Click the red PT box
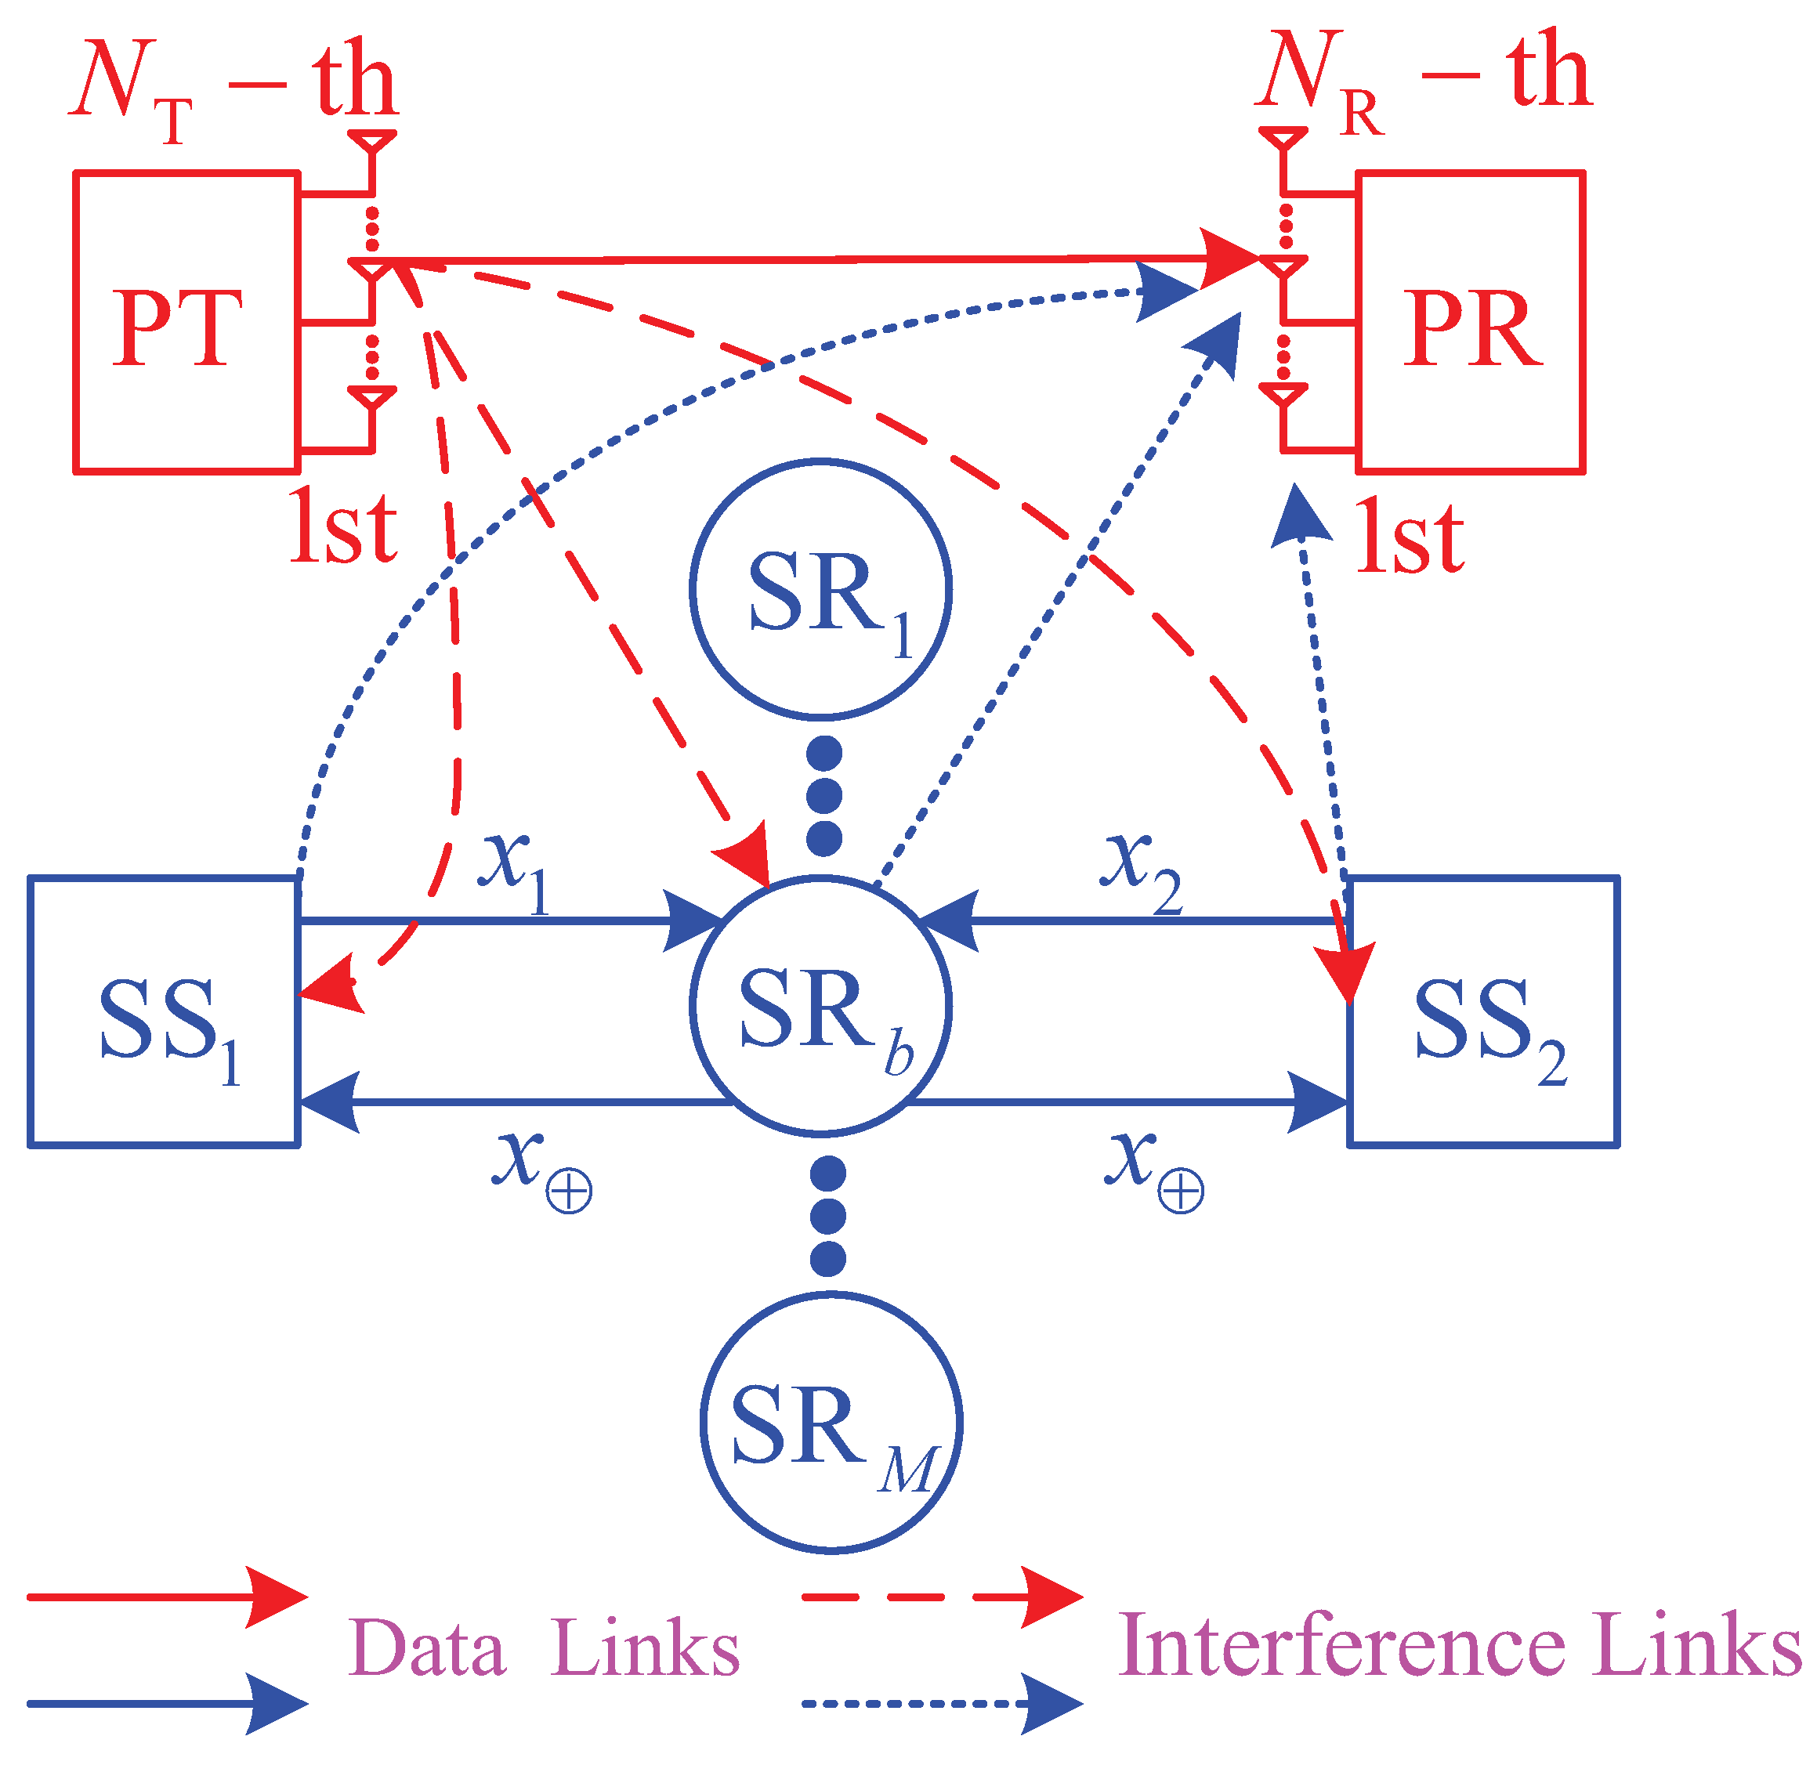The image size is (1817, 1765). (x=186, y=323)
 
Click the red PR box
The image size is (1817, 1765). (x=1470, y=323)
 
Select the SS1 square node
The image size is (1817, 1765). (x=164, y=1011)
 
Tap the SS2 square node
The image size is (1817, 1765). (x=1483, y=1011)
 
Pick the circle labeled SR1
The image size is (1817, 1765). (x=821, y=590)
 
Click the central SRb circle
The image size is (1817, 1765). (x=821, y=1006)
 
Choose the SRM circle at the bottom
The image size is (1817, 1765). (x=831, y=1422)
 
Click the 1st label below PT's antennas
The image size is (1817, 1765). (x=343, y=528)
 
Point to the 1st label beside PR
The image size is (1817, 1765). (x=1409, y=537)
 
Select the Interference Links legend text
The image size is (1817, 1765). (x=1460, y=1647)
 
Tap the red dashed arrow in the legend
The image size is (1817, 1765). (x=941, y=1597)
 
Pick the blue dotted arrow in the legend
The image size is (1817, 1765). (x=941, y=1703)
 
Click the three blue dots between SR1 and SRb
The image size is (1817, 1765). (x=824, y=795)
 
